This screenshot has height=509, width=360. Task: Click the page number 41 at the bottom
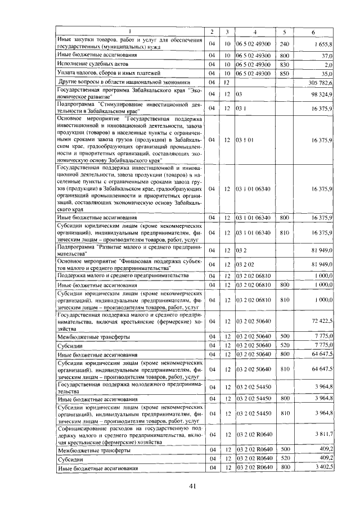192,487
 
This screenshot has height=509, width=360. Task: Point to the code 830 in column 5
284,65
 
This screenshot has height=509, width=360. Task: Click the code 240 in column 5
284,44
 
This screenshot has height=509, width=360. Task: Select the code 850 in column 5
284,74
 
